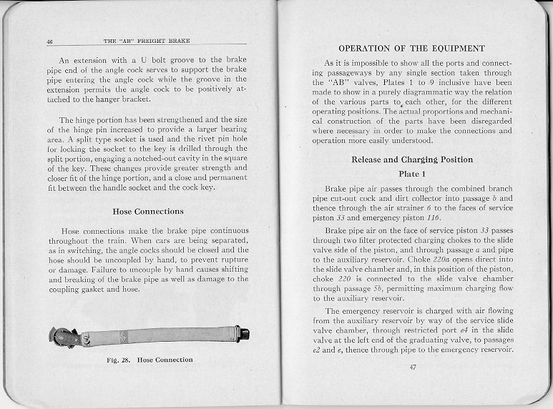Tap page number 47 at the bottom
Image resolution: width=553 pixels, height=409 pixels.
point(412,367)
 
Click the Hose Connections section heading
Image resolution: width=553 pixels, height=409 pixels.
point(148,211)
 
